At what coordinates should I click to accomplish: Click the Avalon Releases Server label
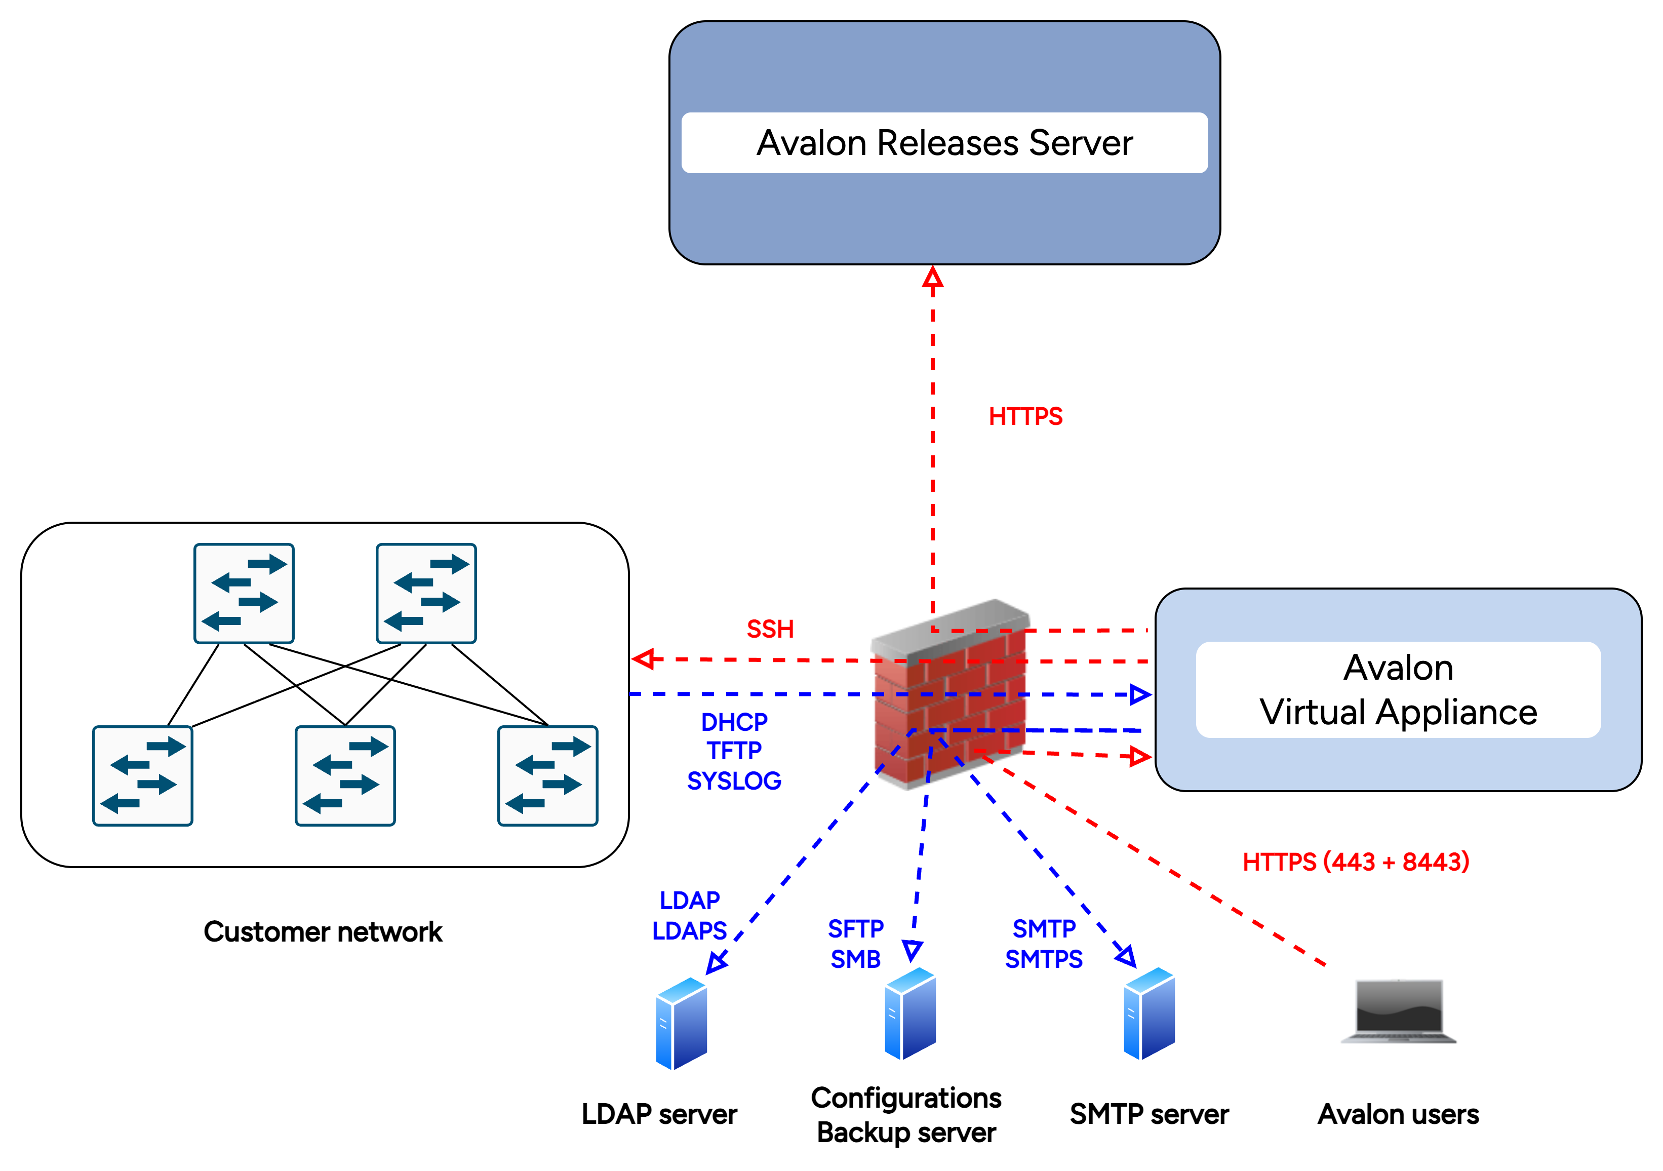(x=944, y=143)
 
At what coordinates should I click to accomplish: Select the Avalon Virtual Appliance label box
(x=1398, y=690)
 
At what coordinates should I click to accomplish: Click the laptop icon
(x=1399, y=1011)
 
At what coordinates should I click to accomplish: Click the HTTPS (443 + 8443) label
(x=1356, y=862)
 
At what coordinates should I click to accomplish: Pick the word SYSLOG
(x=734, y=781)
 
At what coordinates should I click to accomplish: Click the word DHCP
(x=734, y=722)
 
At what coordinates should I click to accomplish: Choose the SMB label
(x=855, y=959)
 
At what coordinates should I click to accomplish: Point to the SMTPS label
(x=1044, y=959)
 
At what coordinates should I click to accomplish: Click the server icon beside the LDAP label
(x=681, y=1023)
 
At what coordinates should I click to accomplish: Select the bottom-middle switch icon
(x=345, y=775)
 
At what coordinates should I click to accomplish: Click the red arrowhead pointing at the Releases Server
(x=932, y=278)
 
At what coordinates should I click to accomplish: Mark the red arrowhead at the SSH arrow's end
(x=643, y=658)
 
